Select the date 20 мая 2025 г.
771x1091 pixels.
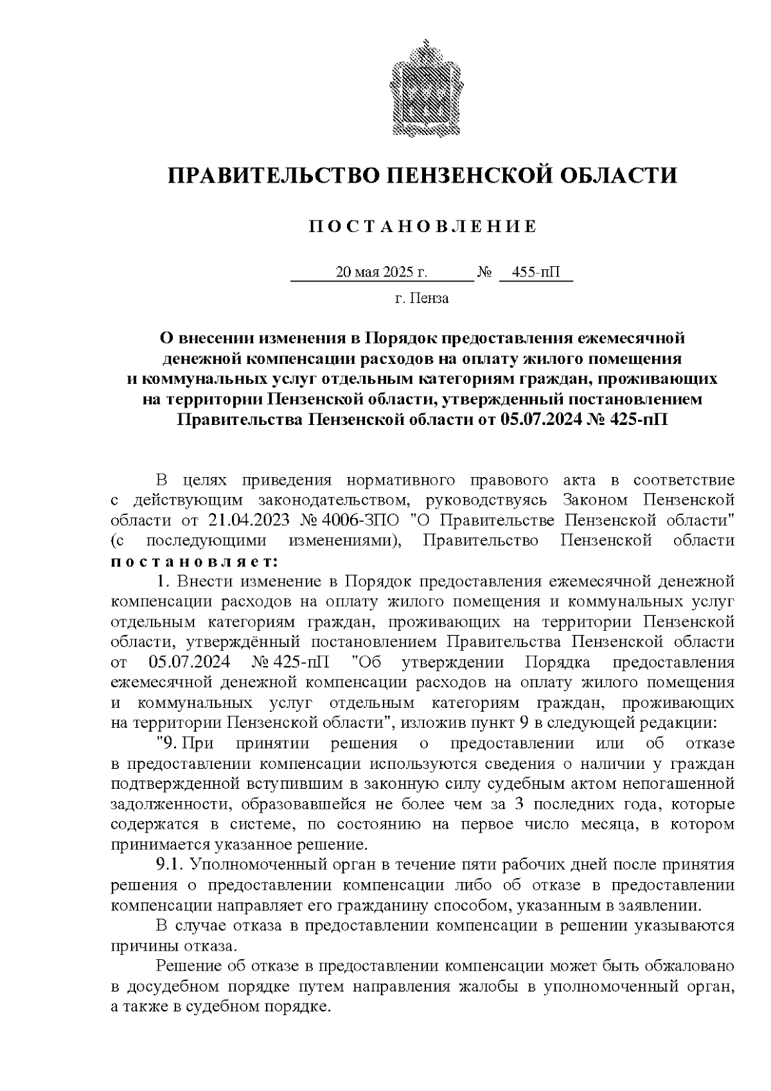point(382,273)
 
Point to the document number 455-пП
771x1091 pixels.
point(535,273)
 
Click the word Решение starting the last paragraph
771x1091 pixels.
point(187,966)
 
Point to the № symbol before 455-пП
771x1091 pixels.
point(484,273)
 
